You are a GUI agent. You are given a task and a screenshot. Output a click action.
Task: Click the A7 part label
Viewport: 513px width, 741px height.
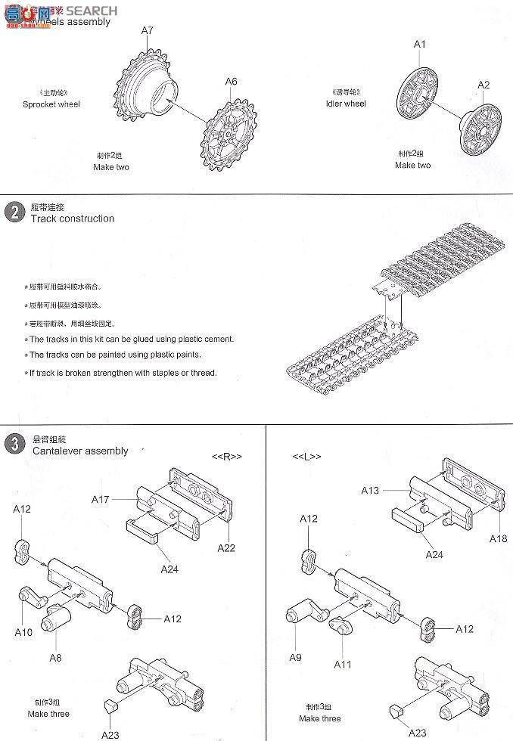(148, 31)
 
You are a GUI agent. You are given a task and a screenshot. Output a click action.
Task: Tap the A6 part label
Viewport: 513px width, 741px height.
(231, 82)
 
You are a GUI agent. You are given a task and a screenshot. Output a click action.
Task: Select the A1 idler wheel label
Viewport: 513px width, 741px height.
(420, 45)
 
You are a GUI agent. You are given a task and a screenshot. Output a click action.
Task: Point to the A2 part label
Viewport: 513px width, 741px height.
(483, 85)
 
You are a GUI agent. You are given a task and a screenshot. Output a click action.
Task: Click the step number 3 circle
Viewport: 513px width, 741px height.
(14, 444)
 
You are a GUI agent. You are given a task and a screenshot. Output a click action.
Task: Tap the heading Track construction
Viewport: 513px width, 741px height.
(72, 219)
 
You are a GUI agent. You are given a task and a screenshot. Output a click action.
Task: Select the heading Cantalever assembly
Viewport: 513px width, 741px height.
(80, 451)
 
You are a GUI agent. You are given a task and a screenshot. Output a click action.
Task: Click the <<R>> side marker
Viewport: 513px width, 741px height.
(226, 457)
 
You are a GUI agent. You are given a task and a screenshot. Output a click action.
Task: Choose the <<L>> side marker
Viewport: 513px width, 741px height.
(306, 457)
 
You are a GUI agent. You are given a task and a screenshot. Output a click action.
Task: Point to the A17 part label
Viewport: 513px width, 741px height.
(101, 499)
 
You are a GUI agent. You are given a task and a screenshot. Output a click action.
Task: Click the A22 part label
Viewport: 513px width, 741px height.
(225, 547)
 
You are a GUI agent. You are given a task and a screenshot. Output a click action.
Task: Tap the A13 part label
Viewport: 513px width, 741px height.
(370, 490)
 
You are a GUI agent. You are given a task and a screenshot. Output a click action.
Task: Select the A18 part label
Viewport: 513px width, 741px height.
(498, 538)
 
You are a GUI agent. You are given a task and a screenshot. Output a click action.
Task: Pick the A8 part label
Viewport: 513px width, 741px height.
(55, 657)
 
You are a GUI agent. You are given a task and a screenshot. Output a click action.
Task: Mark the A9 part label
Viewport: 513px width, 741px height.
(295, 657)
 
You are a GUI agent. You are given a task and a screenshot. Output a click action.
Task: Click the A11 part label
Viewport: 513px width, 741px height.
(344, 664)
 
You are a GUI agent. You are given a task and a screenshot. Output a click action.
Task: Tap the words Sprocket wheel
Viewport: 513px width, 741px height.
(51, 104)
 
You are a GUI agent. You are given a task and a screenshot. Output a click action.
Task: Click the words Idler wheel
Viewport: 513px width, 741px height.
(346, 104)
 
